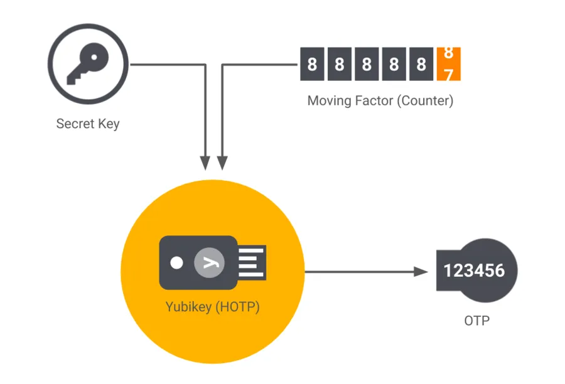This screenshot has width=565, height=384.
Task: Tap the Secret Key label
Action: click(x=88, y=123)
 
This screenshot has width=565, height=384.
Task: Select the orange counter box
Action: click(x=448, y=63)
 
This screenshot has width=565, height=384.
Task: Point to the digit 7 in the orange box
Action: click(x=448, y=74)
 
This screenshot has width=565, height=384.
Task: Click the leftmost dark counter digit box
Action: click(x=312, y=63)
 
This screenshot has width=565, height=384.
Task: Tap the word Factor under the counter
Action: click(x=375, y=100)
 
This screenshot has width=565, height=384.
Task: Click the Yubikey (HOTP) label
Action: click(x=213, y=307)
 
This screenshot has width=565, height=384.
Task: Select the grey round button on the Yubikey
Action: click(x=207, y=262)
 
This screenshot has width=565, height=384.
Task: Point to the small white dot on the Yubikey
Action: click(x=178, y=262)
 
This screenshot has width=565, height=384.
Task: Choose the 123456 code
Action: click(x=474, y=271)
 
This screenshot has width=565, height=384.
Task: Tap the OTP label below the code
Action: click(x=477, y=321)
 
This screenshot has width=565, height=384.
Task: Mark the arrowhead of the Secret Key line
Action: click(x=205, y=163)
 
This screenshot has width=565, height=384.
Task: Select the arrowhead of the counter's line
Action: click(x=222, y=163)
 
